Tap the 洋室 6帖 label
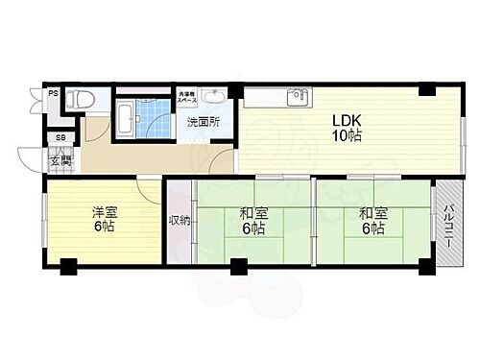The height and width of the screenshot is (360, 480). click(x=105, y=219)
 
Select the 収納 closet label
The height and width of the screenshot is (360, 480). click(x=179, y=220)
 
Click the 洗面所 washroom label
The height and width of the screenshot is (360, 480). click(x=202, y=122)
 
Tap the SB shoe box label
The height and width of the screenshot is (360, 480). click(x=60, y=137)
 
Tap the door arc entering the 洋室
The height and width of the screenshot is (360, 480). click(x=149, y=190)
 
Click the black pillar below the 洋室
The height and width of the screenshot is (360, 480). click(x=68, y=267)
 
